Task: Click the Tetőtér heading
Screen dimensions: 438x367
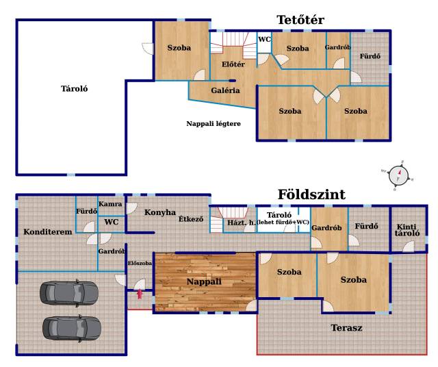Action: point(300,20)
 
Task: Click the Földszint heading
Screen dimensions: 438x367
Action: point(311,194)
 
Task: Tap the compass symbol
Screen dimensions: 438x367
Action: point(398,175)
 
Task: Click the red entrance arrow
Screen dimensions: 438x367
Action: point(140,294)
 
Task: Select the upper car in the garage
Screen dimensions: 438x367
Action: point(69,293)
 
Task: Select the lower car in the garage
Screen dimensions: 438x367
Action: point(72,328)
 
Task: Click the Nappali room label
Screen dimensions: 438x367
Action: point(204,281)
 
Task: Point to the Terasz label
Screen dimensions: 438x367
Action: point(346,327)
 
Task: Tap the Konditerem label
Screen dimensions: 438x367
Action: point(48,231)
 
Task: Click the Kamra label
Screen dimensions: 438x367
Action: point(110,204)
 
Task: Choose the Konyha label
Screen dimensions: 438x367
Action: point(160,212)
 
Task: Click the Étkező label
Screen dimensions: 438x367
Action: point(191,219)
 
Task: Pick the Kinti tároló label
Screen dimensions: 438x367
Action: point(407,230)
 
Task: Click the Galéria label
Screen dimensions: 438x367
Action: point(225,90)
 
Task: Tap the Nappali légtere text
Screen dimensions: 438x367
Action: point(214,123)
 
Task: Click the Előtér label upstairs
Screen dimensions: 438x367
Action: point(233,64)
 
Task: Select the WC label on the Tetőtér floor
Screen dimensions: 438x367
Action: point(264,40)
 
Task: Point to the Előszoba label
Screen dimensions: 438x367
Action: point(140,263)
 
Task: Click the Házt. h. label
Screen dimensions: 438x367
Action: point(242,223)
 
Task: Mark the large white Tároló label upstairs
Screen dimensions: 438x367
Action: point(75,89)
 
